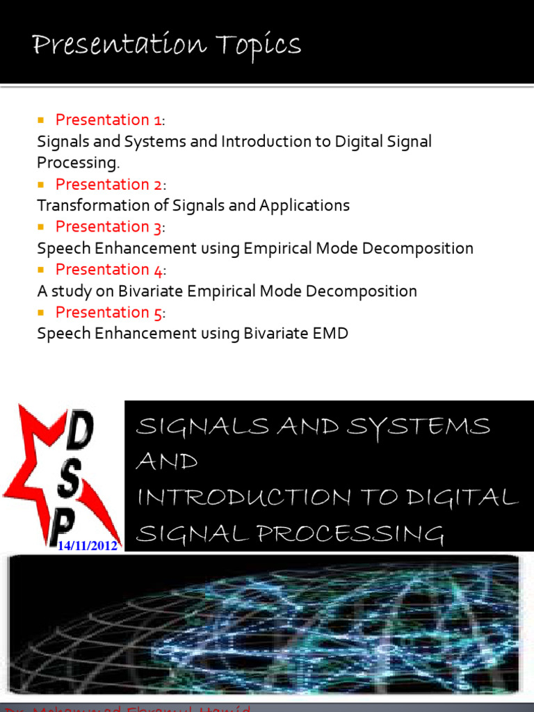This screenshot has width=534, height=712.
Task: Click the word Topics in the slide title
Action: (x=259, y=47)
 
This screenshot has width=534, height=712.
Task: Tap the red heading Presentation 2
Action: (x=110, y=184)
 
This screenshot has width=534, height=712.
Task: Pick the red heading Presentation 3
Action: (x=110, y=227)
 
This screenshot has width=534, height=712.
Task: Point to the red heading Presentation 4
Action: (x=110, y=269)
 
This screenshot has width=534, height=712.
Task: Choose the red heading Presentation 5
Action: (x=110, y=312)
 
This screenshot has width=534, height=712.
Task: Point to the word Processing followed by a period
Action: (x=78, y=163)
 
